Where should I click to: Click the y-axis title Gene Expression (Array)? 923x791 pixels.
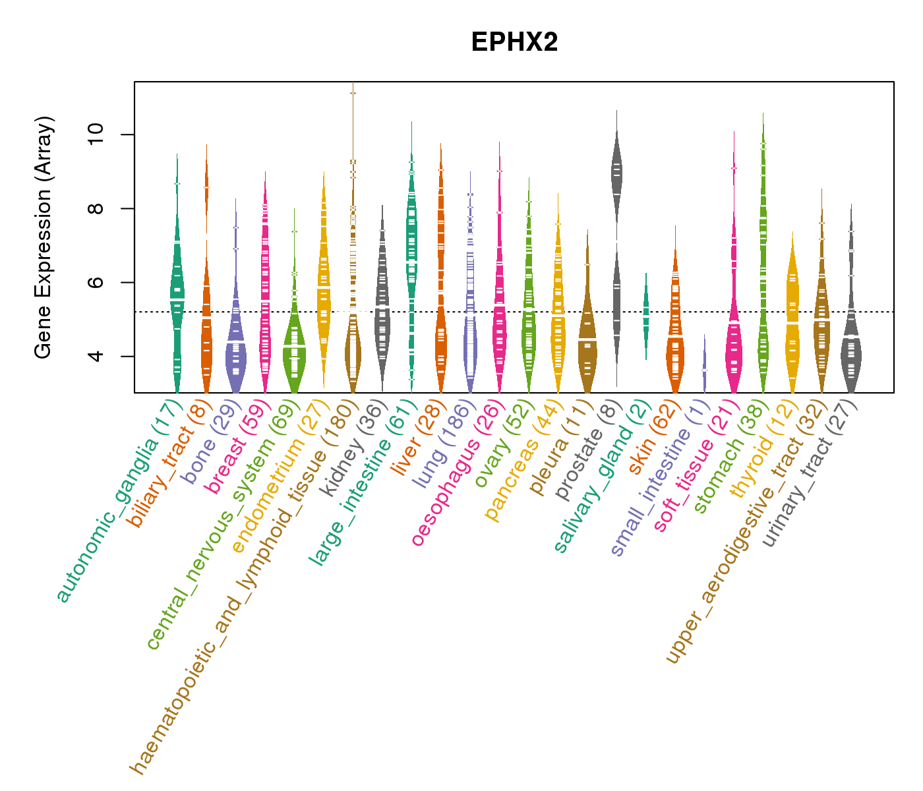[44, 238]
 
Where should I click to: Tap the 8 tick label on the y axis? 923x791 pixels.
[96, 208]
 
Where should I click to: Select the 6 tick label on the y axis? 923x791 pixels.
[96, 282]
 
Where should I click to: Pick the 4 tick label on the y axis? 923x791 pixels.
[96, 356]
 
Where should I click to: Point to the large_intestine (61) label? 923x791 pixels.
[363, 481]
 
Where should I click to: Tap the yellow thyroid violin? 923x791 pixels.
[792, 316]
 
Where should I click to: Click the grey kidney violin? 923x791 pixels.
[382, 310]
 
